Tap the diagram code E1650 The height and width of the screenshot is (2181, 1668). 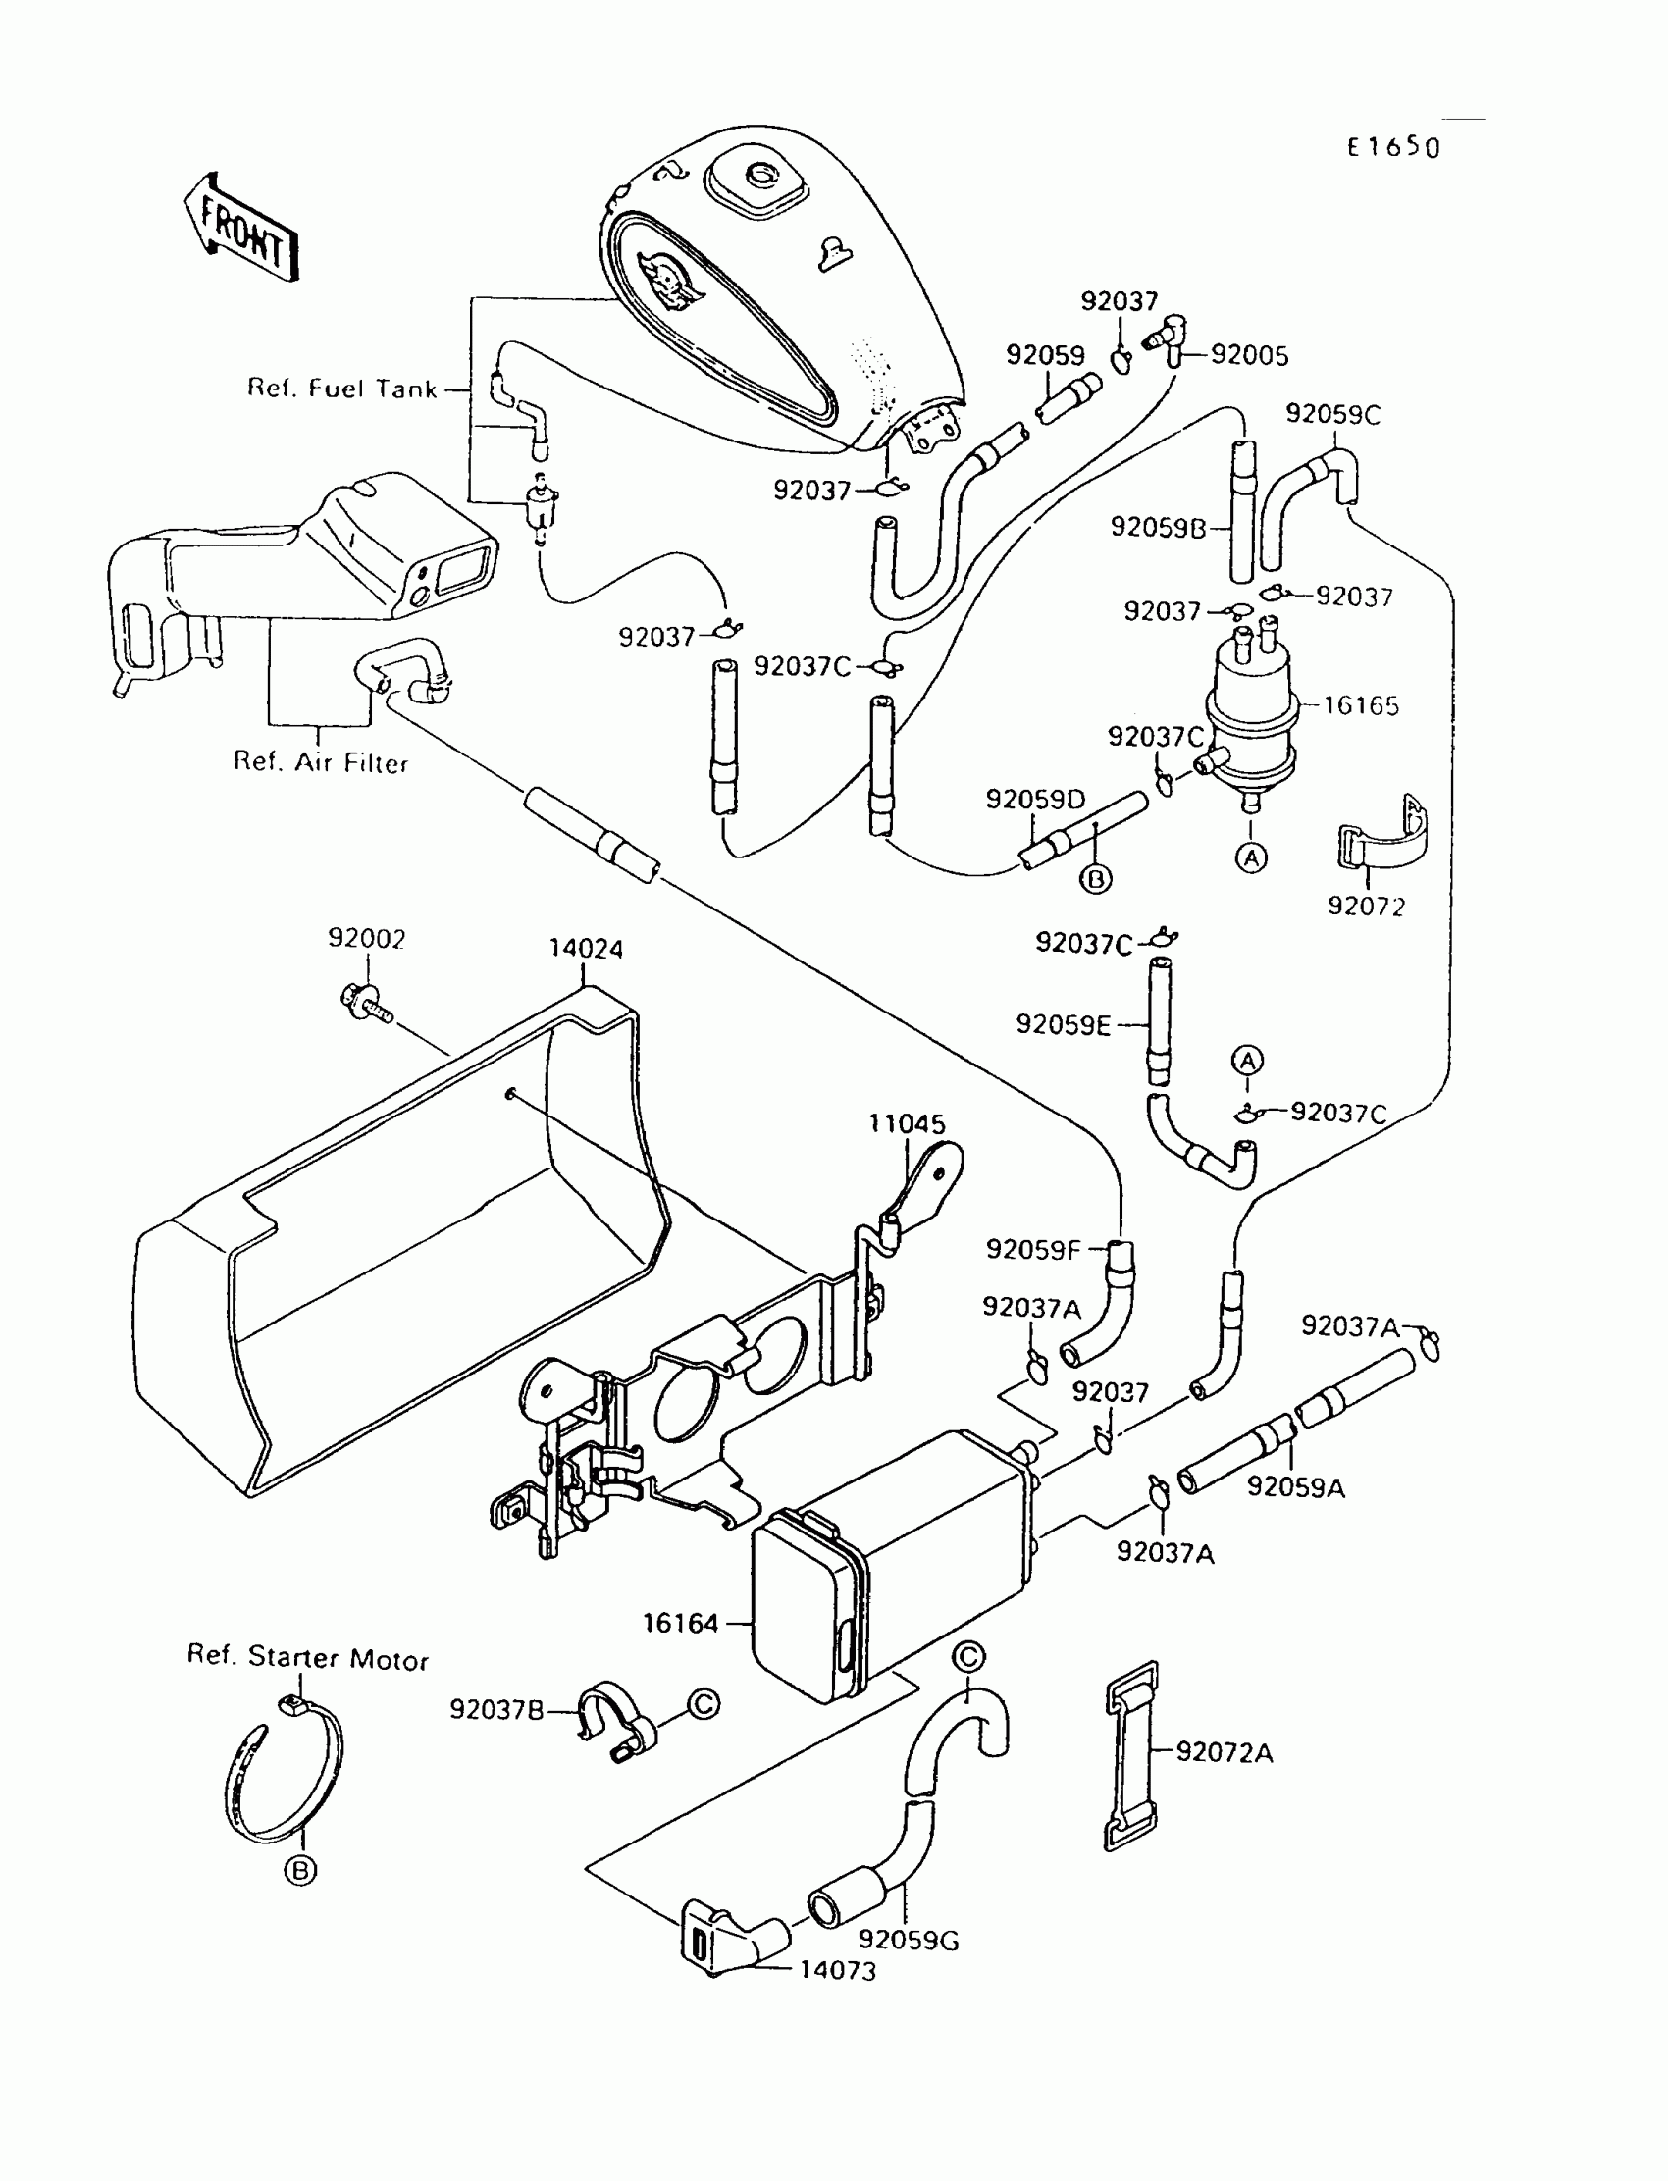pyautogui.click(x=1393, y=148)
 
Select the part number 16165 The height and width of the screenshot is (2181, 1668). pyautogui.click(x=1361, y=705)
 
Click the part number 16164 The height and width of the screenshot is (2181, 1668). pyautogui.click(x=680, y=1623)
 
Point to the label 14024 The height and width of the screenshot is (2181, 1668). pyautogui.click(x=586, y=949)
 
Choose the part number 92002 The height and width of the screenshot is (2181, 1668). pyautogui.click(x=367, y=939)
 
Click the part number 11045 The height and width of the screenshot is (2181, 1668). pyautogui.click(x=907, y=1123)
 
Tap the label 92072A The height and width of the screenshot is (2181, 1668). pyautogui.click(x=1225, y=1752)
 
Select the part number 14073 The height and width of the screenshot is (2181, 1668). pyautogui.click(x=838, y=1970)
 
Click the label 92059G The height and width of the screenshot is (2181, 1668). pyautogui.click(x=909, y=1940)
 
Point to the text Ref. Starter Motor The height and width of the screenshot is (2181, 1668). pyautogui.click(x=308, y=1658)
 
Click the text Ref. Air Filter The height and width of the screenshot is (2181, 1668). pyautogui.click(x=321, y=762)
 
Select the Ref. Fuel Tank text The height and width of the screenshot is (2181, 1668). pyautogui.click(x=341, y=389)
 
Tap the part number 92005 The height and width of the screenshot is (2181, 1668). pyautogui.click(x=1250, y=355)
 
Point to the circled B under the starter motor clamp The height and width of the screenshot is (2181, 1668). pyautogui.click(x=300, y=1871)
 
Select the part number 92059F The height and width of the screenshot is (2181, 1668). pyautogui.click(x=1032, y=1250)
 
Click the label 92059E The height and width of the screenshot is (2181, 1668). pyautogui.click(x=1063, y=1024)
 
